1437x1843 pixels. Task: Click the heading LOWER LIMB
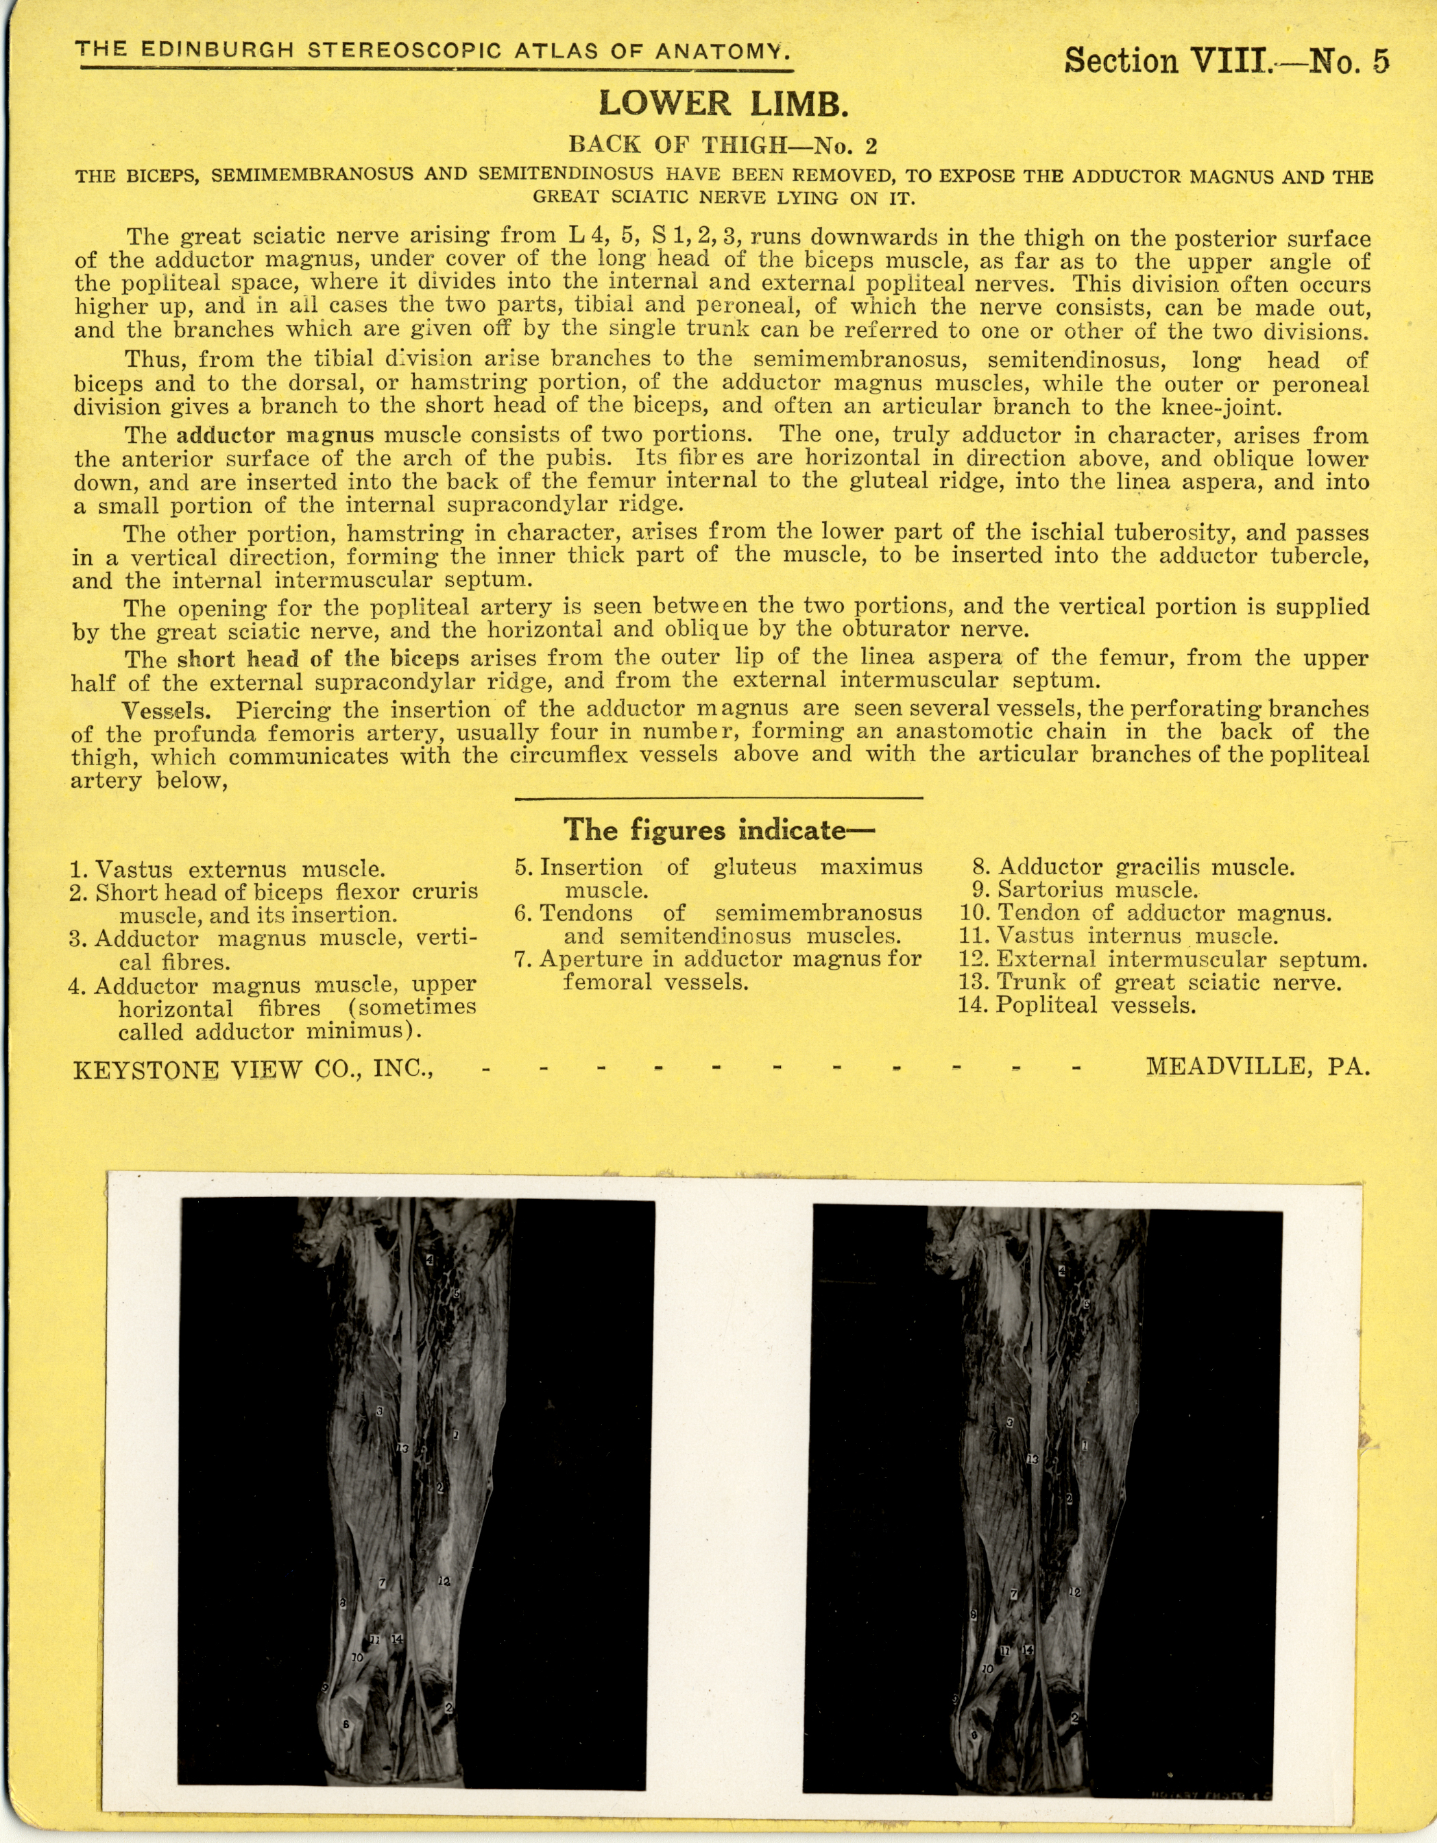click(x=723, y=103)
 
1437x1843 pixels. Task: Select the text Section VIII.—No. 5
click(x=1225, y=61)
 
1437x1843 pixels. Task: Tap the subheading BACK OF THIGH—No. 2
click(x=723, y=145)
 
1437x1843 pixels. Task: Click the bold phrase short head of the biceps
click(x=318, y=658)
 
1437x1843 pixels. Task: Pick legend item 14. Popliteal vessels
click(x=1076, y=1005)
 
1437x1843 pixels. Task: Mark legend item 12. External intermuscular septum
click(x=1163, y=959)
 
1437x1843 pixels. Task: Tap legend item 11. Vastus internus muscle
click(x=1119, y=936)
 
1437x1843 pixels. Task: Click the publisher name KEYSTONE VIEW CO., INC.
click(x=253, y=1069)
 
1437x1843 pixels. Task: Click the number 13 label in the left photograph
click(x=402, y=1449)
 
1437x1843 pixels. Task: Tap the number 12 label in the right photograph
click(x=1074, y=1591)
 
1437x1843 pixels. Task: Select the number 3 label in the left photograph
click(x=380, y=1411)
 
